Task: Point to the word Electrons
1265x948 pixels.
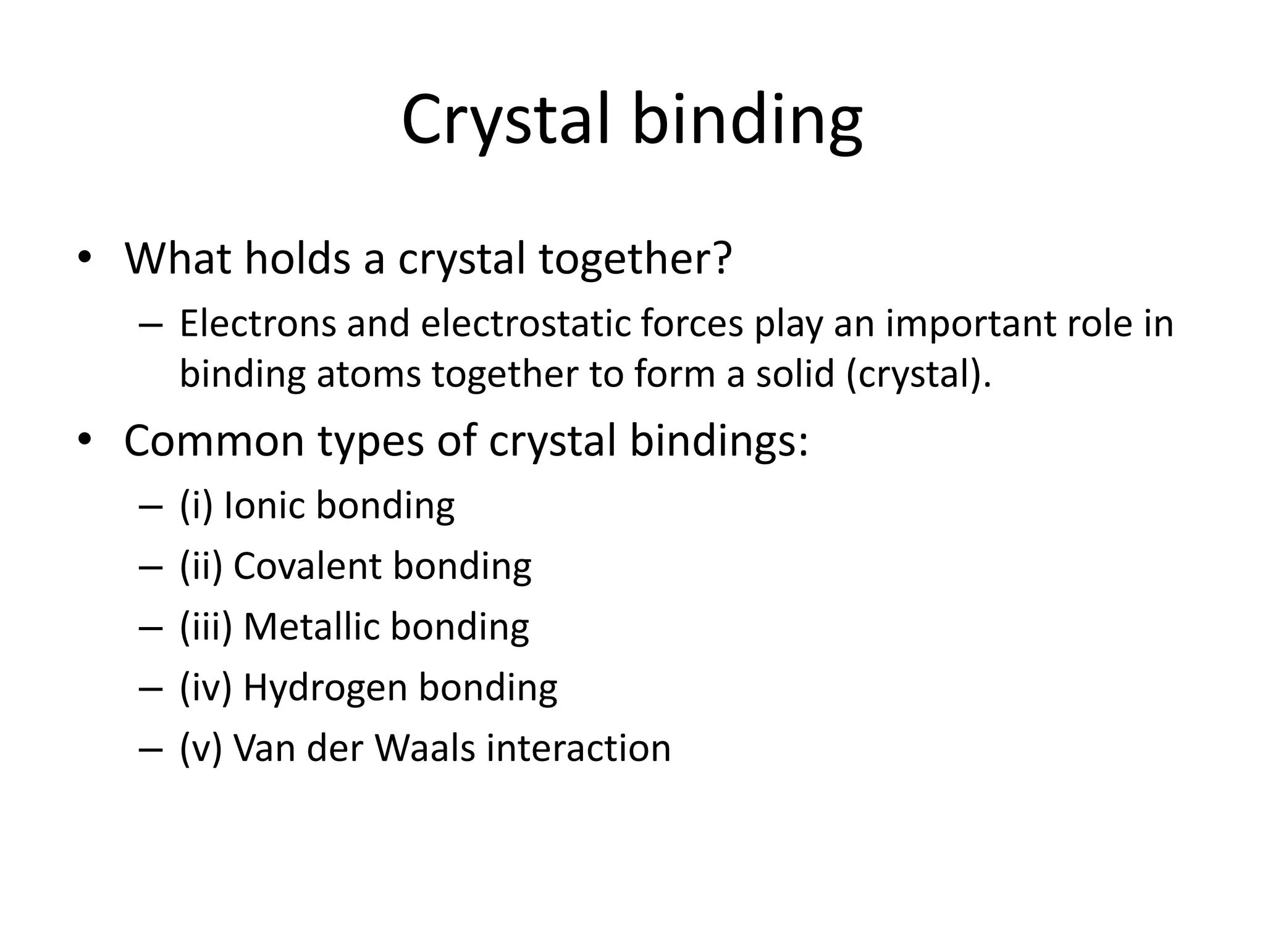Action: pyautogui.click(x=258, y=323)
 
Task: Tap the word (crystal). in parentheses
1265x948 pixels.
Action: pyautogui.click(x=918, y=374)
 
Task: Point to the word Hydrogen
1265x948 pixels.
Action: pyautogui.click(x=326, y=687)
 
